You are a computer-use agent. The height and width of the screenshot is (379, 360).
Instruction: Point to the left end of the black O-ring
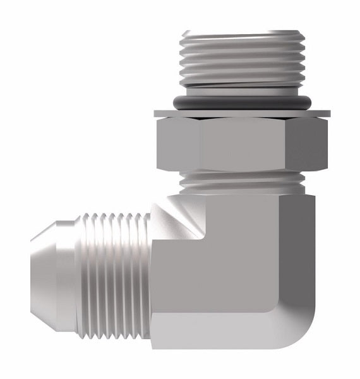point(172,102)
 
